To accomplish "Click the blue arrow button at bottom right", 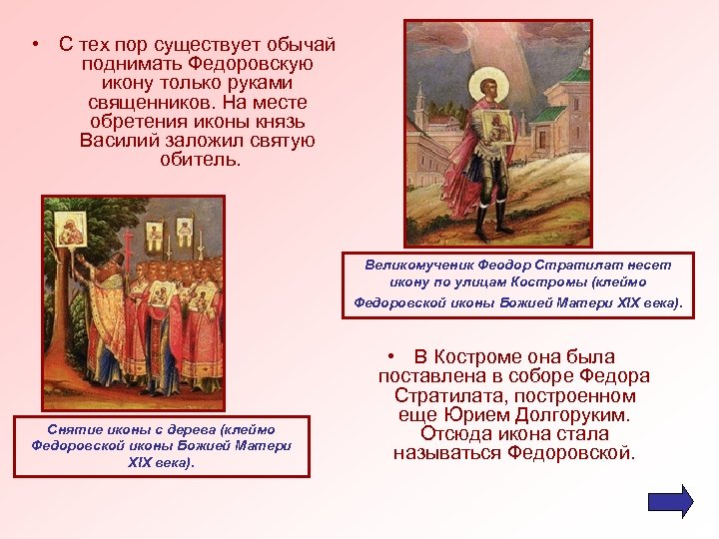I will click(x=670, y=500).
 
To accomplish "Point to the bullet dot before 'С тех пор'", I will click(x=35, y=46).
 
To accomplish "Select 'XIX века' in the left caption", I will click(x=162, y=463).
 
